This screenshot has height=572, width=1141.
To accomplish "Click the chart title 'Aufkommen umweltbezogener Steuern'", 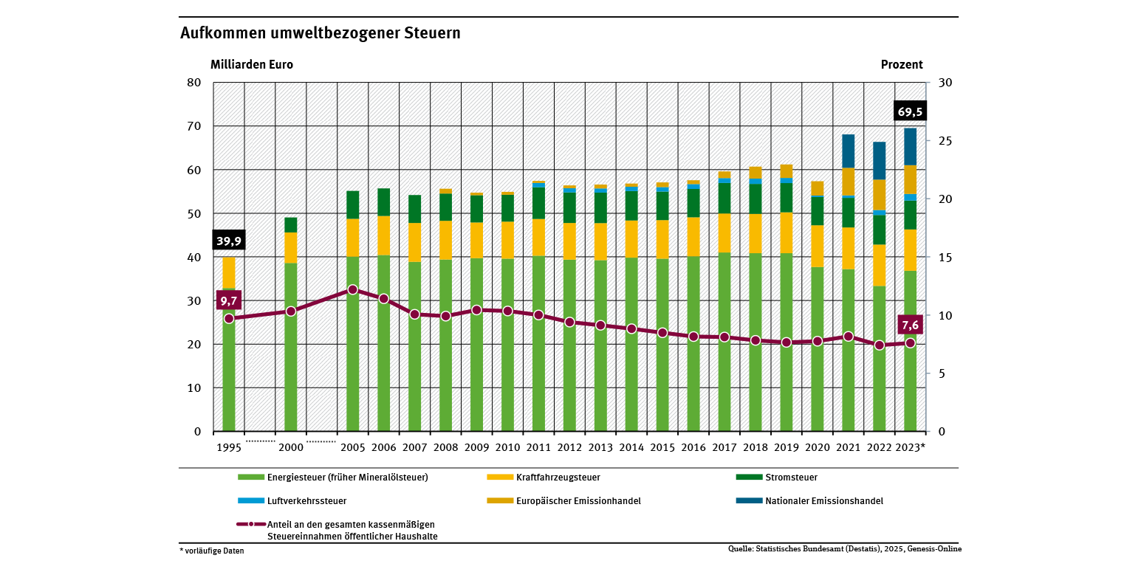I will (320, 34).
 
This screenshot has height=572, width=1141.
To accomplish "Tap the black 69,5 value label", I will (908, 111).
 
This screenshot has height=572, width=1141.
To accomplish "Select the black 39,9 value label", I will (228, 241).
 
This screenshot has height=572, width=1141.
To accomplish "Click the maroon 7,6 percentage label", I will (909, 325).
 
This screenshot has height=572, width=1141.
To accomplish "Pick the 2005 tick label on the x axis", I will (352, 447).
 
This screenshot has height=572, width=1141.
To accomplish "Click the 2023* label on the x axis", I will (910, 447).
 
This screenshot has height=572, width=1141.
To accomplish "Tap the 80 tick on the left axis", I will (195, 83).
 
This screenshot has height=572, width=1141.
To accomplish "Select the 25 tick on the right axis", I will (943, 141).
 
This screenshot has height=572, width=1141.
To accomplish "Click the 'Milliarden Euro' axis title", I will (252, 64).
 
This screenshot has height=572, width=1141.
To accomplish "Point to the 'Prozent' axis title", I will (902, 64).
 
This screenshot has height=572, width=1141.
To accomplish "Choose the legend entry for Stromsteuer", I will (791, 477).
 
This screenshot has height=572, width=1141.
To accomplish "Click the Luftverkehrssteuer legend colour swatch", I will (250, 500).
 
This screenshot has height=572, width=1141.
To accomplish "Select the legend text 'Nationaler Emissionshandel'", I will (823, 500).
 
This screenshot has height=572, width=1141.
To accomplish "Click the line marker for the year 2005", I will (353, 290).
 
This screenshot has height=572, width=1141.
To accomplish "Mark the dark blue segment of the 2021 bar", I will (848, 151).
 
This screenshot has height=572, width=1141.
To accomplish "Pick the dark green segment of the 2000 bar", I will (291, 225).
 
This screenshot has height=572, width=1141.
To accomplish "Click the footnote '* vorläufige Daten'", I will (211, 551).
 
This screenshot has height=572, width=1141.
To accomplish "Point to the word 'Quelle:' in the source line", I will (741, 549).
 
